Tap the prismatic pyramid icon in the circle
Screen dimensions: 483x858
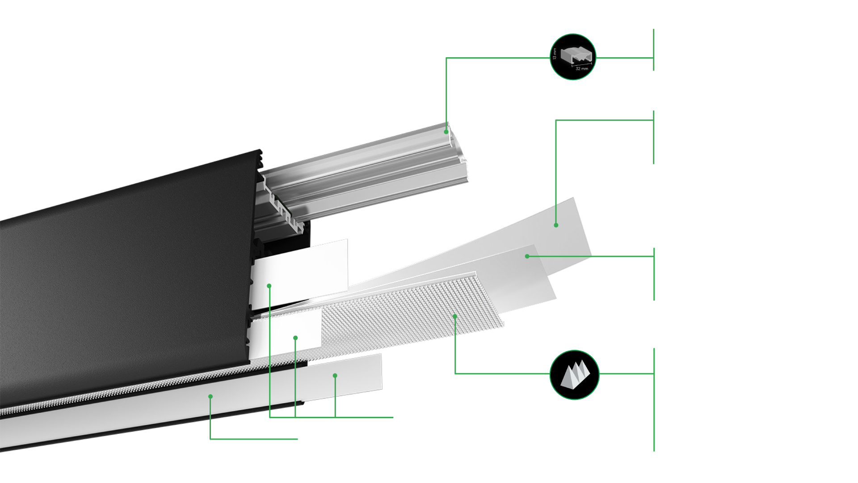point(574,375)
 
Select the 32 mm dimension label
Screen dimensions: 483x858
point(582,68)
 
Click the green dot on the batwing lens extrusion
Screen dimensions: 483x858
point(446,132)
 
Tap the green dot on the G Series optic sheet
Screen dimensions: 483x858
point(556,225)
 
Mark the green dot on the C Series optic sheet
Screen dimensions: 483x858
point(527,256)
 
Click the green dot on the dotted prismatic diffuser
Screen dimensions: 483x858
point(455,316)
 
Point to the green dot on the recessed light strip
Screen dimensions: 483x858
point(210,396)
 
